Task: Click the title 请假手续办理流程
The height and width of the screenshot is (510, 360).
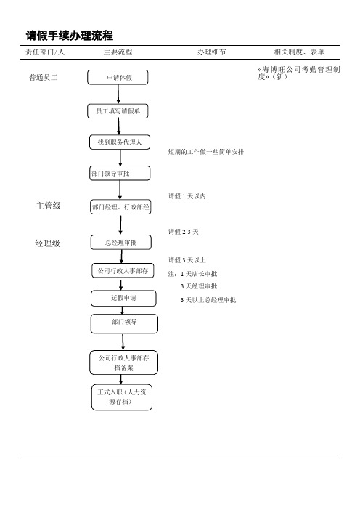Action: pos(70,36)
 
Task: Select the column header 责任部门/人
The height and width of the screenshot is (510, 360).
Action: pos(45,52)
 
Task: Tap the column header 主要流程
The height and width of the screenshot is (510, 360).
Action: pos(118,52)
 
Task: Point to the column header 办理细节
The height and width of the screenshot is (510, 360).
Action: pos(211,52)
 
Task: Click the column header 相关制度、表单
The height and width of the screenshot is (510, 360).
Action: pos(299,52)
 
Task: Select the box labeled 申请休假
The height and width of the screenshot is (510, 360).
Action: pos(118,78)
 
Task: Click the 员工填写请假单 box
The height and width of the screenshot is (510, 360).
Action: pos(118,111)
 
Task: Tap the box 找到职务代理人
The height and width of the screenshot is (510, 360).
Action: pos(120,142)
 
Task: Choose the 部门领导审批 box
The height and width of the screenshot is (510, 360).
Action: pos(120,174)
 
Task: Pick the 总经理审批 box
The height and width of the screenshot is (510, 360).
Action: pos(121,243)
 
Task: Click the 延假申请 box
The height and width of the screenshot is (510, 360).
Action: pos(123,299)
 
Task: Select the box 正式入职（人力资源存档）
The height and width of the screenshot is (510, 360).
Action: pos(122,397)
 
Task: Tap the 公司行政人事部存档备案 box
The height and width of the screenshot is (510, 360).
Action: pos(124,363)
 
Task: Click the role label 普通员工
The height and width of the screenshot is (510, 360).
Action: pos(44,78)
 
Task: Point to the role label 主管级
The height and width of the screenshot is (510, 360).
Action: pos(49,206)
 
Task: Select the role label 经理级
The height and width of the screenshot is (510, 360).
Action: pos(47,243)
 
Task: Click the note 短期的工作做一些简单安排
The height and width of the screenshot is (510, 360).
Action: pos(206,152)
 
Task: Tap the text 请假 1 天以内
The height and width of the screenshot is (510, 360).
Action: pos(187,196)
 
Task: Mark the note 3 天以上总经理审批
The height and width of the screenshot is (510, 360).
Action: pos(208,300)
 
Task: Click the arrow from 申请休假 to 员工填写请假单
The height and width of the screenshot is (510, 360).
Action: pos(118,94)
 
